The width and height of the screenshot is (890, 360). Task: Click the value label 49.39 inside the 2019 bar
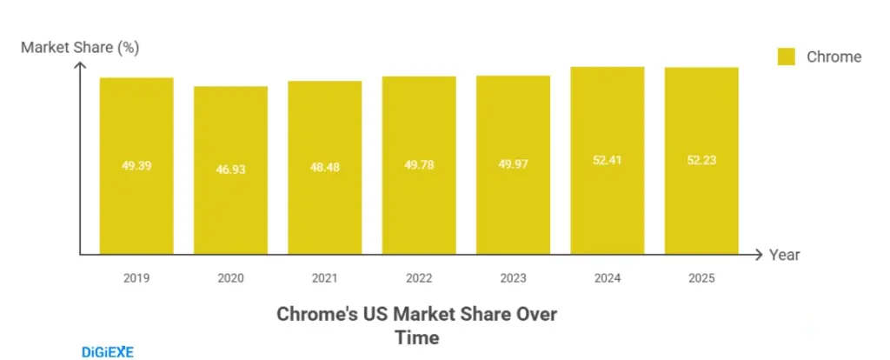click(x=136, y=165)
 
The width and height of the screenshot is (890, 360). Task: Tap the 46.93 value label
click(x=230, y=170)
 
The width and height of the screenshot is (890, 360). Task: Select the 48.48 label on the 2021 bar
click(x=324, y=167)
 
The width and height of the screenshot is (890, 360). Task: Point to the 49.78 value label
click(x=419, y=164)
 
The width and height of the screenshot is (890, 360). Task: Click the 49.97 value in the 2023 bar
click(x=513, y=164)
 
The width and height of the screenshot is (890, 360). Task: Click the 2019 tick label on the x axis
click(x=136, y=278)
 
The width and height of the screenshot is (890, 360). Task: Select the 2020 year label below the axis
click(x=230, y=278)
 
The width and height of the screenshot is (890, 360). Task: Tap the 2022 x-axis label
click(x=419, y=278)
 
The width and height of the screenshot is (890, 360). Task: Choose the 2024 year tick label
click(x=607, y=278)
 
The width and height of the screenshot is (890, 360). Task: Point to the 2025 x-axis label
click(x=701, y=278)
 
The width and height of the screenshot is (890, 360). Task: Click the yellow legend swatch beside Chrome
click(x=786, y=57)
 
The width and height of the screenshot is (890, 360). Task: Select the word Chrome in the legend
click(x=834, y=57)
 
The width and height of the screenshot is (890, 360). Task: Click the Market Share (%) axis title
click(x=79, y=47)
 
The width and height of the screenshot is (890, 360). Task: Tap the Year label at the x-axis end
click(x=784, y=255)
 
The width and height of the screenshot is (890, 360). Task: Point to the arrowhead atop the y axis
click(x=80, y=67)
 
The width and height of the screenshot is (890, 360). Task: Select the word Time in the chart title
click(x=417, y=337)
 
